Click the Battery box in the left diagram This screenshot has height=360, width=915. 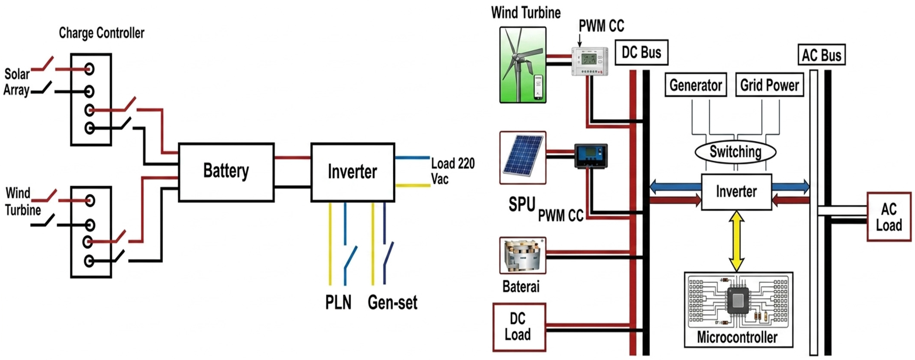click(226, 172)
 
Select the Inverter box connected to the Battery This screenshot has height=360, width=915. click(353, 172)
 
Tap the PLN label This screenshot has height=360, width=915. click(338, 303)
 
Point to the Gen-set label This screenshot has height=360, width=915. click(393, 303)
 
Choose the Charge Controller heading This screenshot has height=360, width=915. click(102, 33)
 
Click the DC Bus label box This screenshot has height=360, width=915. click(641, 52)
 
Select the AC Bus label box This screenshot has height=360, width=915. click(822, 55)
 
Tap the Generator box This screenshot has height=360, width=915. click(695, 85)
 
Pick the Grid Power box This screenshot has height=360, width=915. click(769, 85)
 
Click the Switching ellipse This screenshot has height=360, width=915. click(735, 152)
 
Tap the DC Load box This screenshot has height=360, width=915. click(519, 327)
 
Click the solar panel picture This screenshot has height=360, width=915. click(522, 158)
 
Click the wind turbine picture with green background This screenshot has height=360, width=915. click(523, 65)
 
